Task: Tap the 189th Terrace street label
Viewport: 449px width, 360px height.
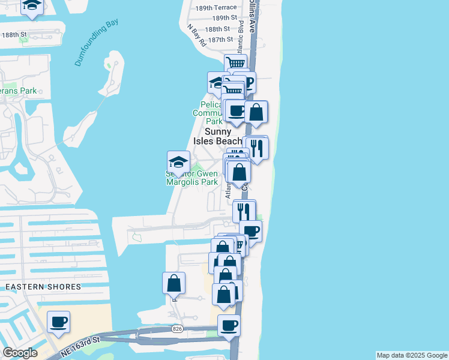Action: (x=211, y=7)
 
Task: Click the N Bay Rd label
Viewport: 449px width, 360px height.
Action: (x=196, y=35)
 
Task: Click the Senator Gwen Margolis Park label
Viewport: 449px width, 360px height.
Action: (x=191, y=178)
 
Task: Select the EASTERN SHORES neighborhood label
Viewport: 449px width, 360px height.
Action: (x=43, y=287)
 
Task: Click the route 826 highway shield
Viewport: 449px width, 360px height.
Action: (x=177, y=329)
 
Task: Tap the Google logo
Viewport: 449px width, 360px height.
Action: (x=20, y=353)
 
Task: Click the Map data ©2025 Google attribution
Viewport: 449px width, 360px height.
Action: (x=412, y=355)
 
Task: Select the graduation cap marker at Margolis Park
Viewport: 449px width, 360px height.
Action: (x=178, y=161)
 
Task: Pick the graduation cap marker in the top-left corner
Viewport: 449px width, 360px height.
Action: (x=32, y=6)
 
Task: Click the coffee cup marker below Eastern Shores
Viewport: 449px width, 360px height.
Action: (x=58, y=322)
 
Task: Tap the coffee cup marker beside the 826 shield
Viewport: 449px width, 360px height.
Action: (x=229, y=326)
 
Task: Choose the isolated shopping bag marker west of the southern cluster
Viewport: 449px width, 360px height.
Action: (x=173, y=283)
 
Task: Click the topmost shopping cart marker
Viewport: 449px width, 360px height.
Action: (x=237, y=63)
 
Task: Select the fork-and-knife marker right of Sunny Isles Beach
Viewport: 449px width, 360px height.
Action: (x=257, y=148)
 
